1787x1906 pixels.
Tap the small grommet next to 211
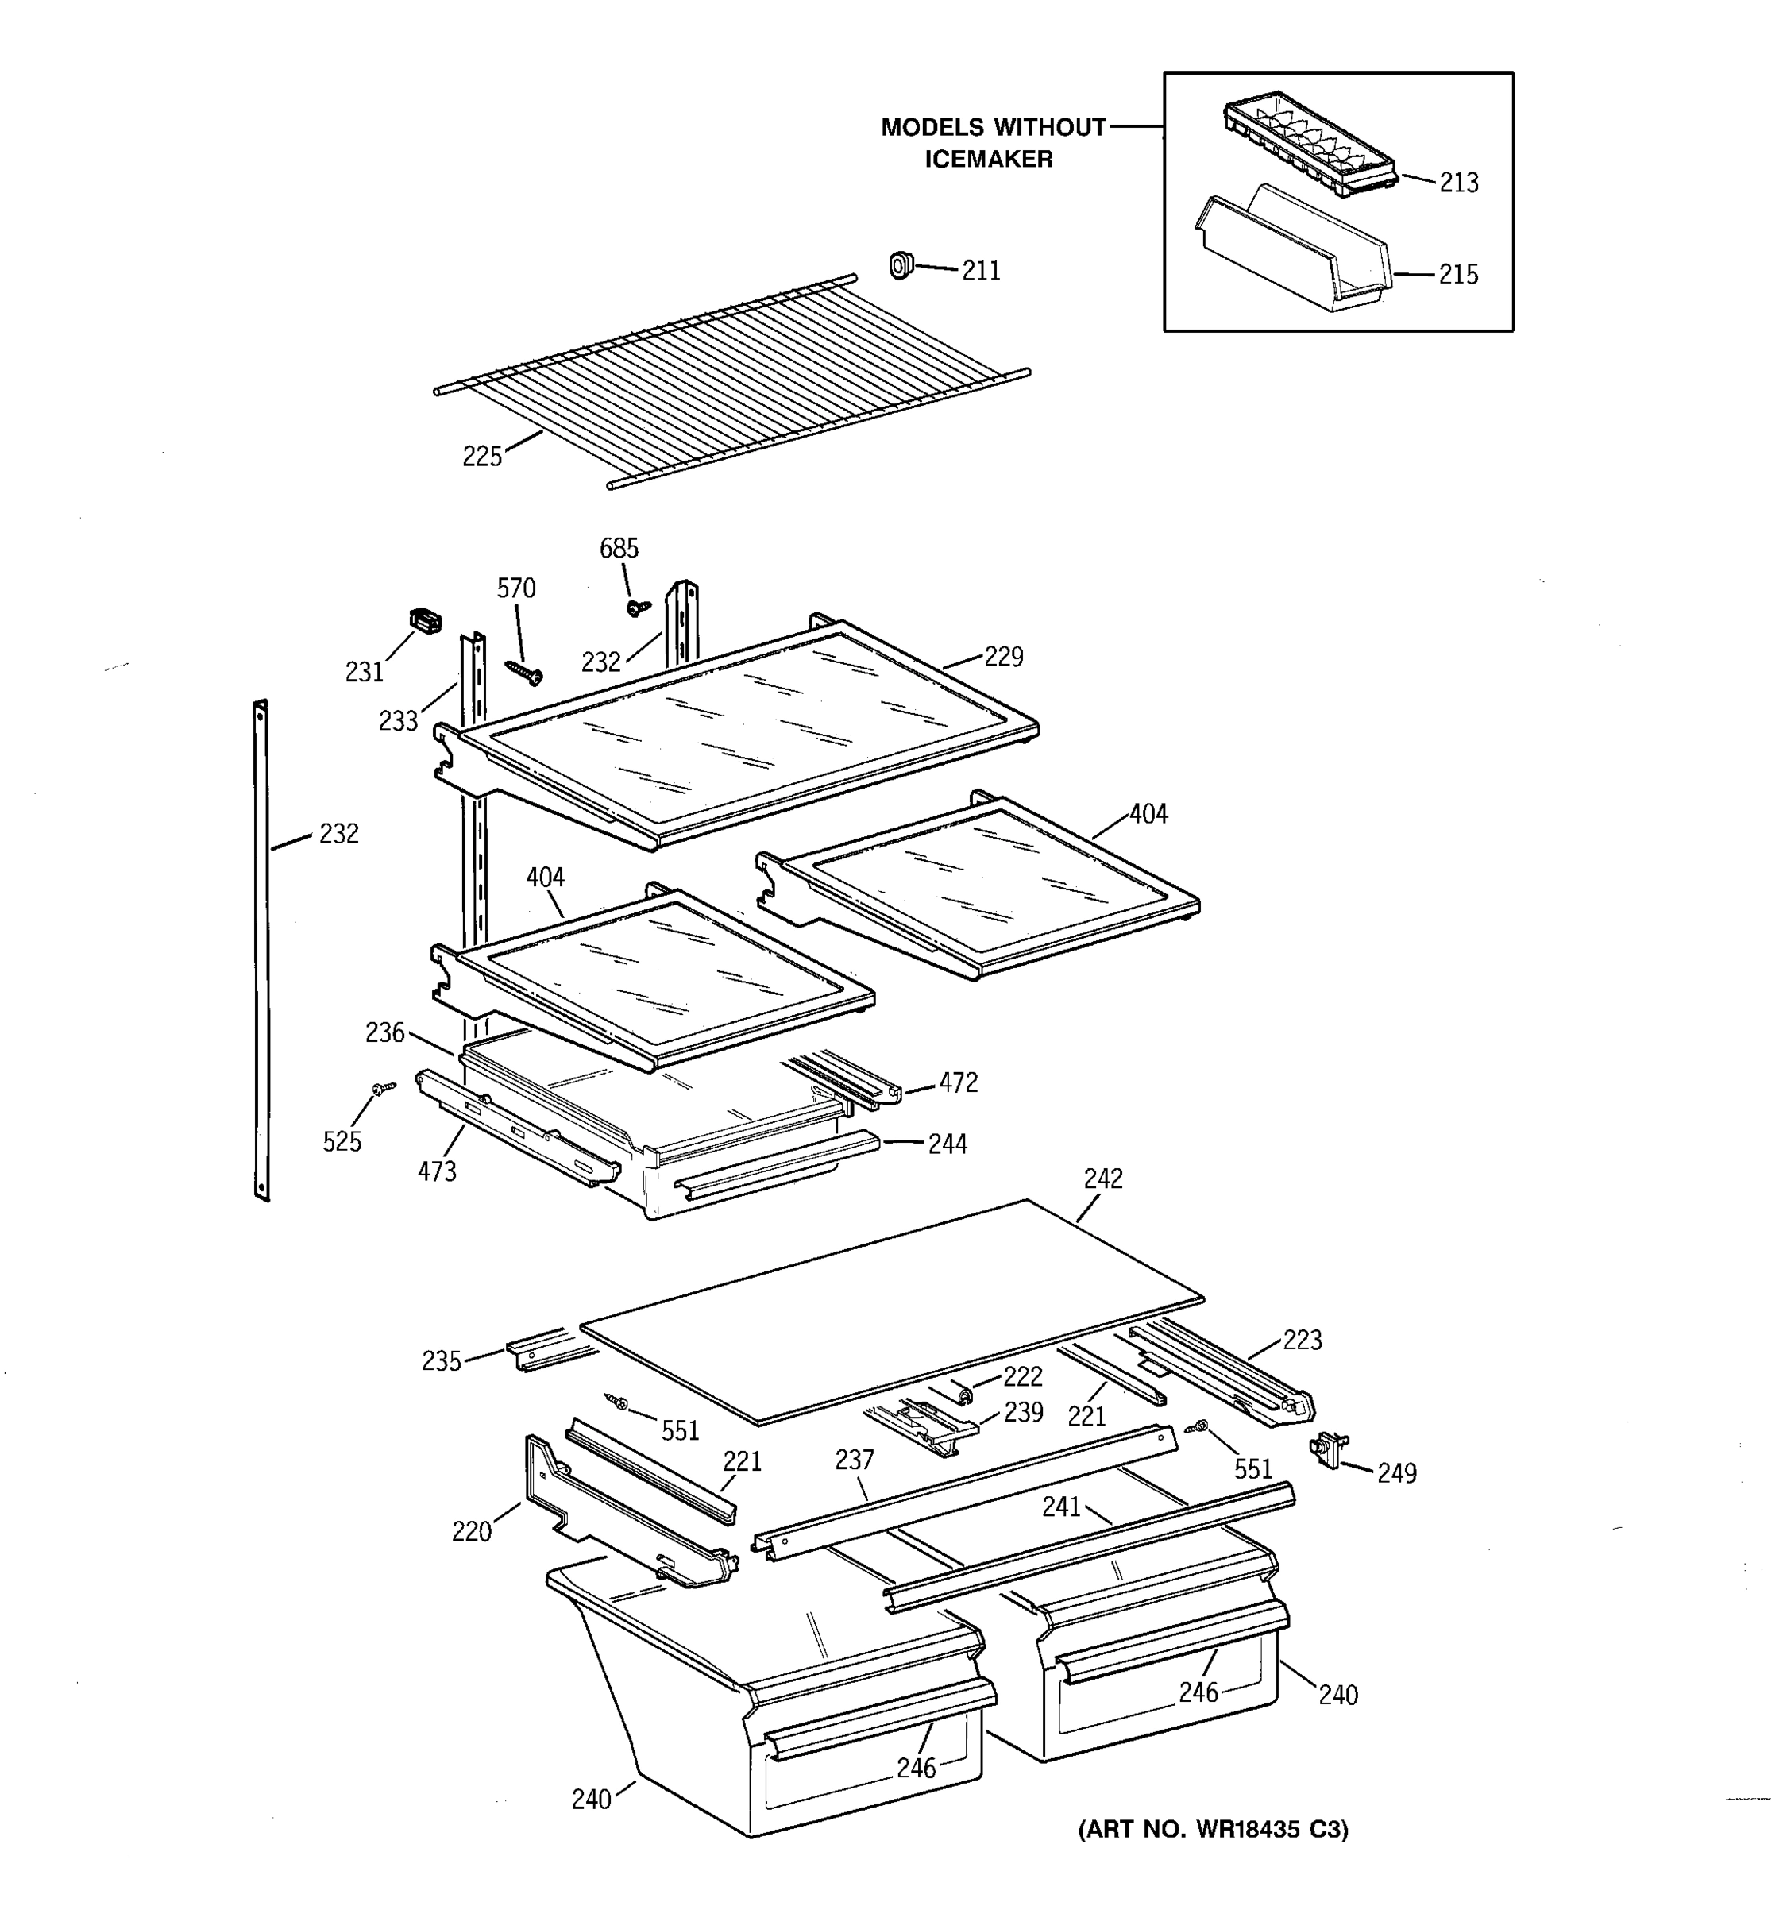[x=900, y=264]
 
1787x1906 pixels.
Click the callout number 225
[x=482, y=457]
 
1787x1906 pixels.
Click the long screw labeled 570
[x=524, y=671]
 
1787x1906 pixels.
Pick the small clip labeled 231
[x=426, y=620]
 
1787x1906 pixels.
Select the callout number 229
[x=1004, y=657]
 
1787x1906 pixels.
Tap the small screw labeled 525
[x=384, y=1088]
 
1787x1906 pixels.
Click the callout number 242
[x=1103, y=1179]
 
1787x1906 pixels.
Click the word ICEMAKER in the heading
[x=989, y=159]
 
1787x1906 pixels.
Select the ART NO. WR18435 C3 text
[x=1213, y=1829]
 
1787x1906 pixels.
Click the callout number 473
[x=437, y=1171]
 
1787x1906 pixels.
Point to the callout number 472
[x=958, y=1082]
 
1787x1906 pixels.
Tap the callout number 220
[x=472, y=1531]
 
